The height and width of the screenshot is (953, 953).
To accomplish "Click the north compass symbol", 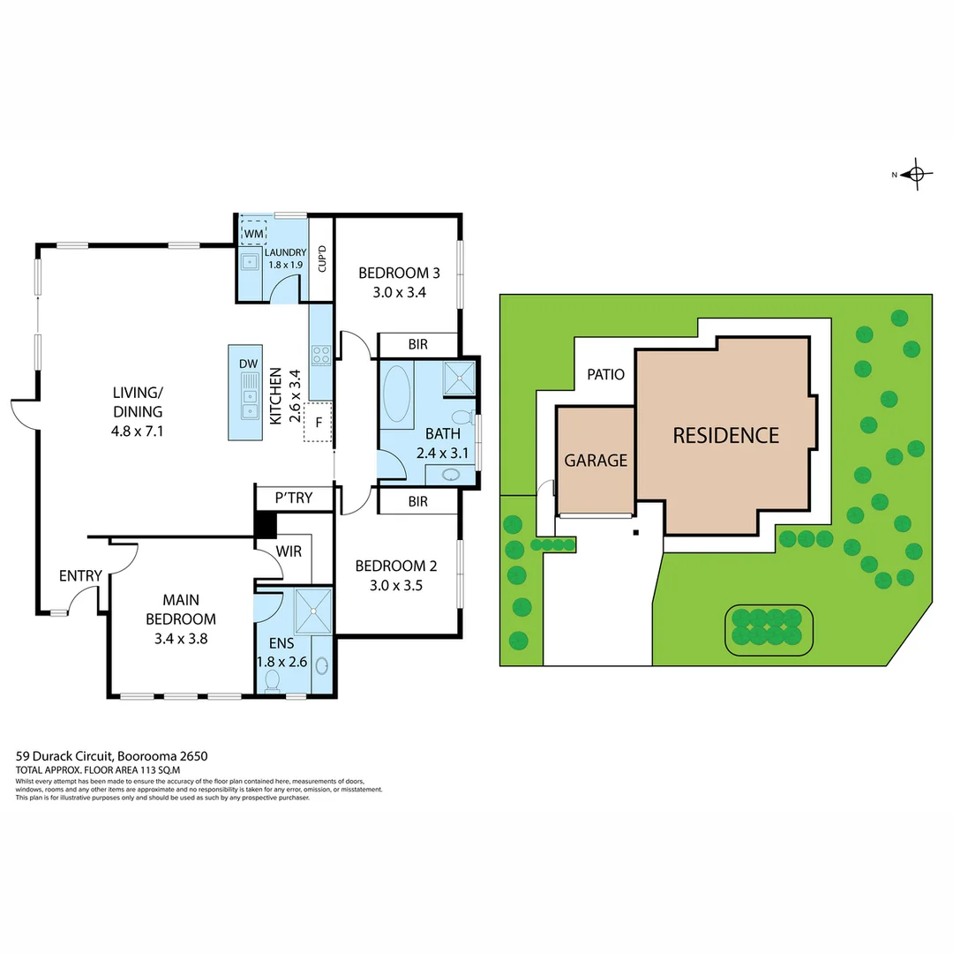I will point(916,175).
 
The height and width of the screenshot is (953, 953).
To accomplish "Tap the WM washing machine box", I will point(254,233).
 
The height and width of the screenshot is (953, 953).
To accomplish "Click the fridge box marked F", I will point(318,422).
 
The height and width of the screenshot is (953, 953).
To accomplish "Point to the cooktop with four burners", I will point(320,354).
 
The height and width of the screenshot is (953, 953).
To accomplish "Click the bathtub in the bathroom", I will point(396,394).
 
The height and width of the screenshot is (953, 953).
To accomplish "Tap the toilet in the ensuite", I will point(273,680).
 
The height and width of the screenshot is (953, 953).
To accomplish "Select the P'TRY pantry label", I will point(294,499).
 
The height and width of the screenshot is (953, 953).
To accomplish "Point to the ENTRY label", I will point(80,576).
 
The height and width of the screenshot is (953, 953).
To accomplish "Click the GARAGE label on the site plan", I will point(596,460).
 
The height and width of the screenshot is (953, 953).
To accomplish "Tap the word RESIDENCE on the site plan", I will point(725,435).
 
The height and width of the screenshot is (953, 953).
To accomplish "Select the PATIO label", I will point(606,374).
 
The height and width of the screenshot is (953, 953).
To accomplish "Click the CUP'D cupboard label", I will point(322,258).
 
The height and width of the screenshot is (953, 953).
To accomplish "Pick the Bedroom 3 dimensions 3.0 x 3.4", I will point(393,293).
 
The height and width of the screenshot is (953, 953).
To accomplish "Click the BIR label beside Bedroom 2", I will point(418,502).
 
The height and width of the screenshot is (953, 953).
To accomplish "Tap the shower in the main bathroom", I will point(458,377).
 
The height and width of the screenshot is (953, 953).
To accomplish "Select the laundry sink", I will point(250,261).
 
